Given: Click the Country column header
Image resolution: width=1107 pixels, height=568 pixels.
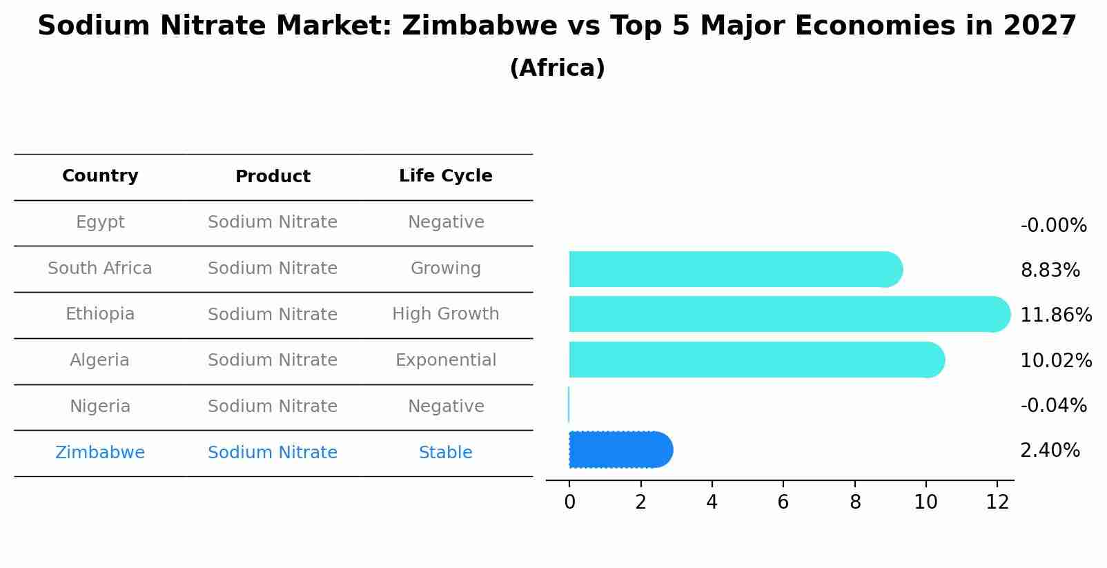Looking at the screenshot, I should click(100, 176).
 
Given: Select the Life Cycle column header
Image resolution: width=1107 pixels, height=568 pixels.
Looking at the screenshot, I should click(445, 176).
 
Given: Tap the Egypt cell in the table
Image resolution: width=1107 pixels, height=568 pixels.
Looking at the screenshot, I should click(100, 222).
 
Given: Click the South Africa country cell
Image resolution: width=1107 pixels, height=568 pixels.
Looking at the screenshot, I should click(100, 268).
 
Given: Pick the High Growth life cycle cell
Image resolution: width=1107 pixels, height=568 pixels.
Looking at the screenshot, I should click(445, 314).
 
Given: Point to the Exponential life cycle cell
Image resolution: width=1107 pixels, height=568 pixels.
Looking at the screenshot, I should click(445, 360).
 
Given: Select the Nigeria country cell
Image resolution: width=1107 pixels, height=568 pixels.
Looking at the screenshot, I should click(100, 407).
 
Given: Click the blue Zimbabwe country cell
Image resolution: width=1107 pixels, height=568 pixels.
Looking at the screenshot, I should click(100, 453).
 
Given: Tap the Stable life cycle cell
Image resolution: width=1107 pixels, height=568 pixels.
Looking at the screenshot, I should click(445, 453).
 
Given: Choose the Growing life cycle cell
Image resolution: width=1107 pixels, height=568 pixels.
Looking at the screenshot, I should click(445, 268).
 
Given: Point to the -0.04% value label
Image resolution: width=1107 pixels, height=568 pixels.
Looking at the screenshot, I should click(1053, 406).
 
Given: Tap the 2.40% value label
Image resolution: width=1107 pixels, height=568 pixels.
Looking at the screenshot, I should click(1050, 451).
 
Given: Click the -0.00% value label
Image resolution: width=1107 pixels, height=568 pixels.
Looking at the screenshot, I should click(1053, 226).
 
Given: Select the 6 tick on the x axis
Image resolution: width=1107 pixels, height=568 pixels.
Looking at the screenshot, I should click(783, 502).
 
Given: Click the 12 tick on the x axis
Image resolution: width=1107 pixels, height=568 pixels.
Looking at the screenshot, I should click(997, 502).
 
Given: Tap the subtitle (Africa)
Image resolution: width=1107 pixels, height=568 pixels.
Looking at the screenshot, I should click(557, 68).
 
